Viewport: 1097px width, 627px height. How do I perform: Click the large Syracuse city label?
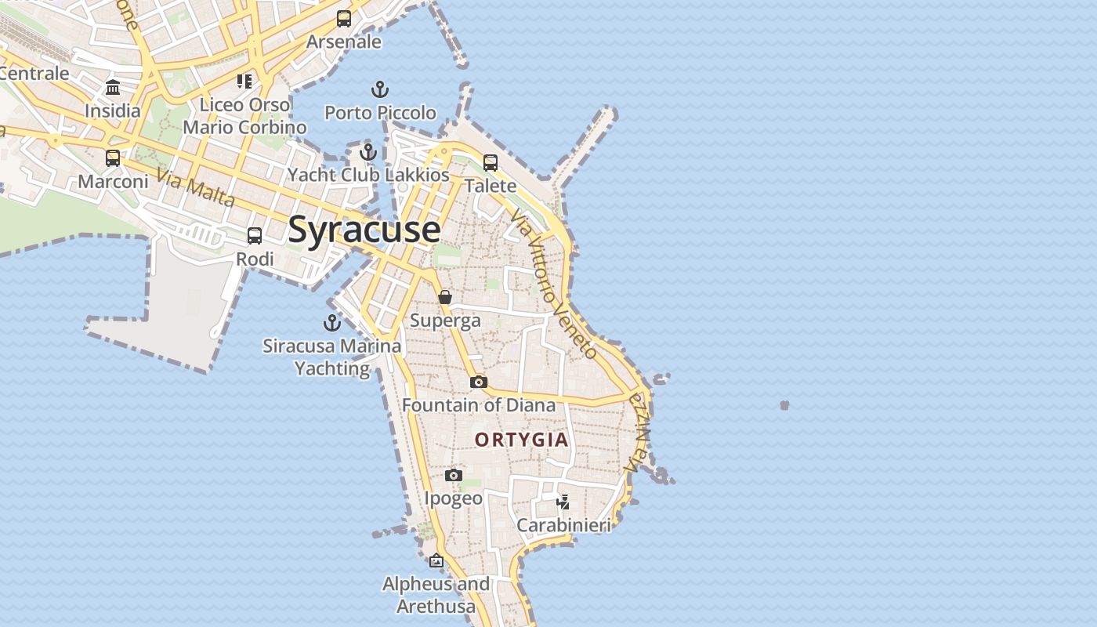pos(364,229)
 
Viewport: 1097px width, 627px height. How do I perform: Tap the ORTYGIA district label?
pos(522,440)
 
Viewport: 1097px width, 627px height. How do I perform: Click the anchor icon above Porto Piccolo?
pos(380,89)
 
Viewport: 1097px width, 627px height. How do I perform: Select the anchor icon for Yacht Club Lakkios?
pos(368,151)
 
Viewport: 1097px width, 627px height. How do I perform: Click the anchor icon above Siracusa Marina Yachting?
pos(332,322)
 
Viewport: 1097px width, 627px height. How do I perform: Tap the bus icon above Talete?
pos(491,162)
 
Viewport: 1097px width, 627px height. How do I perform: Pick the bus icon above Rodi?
pos(255,235)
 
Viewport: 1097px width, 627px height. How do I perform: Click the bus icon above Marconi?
pos(113,158)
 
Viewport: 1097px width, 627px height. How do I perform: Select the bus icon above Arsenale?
pos(344,19)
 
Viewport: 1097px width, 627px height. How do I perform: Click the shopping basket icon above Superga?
pos(445,297)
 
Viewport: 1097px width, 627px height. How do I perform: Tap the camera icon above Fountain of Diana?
pos(479,382)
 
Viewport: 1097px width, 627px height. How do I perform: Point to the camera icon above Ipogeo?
pos(453,475)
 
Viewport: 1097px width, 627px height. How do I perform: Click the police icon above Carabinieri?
pos(563,502)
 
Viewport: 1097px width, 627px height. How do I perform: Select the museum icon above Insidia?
pos(113,87)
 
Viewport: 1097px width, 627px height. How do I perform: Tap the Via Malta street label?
pos(195,188)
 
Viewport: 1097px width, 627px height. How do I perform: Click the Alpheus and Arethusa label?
pos(436,595)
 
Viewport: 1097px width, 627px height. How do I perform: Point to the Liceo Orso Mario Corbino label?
pos(244,115)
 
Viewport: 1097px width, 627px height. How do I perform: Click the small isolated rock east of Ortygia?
pos(784,405)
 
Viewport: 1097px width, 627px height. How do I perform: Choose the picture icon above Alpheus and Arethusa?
pos(436,560)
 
